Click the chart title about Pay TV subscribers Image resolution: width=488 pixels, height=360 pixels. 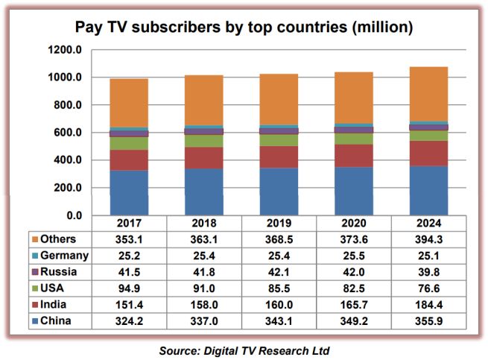click(x=244, y=28)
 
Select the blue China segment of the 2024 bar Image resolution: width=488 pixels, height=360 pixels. click(x=428, y=190)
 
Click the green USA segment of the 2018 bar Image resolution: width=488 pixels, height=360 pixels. click(x=204, y=141)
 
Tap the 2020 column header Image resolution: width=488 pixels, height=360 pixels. click(x=354, y=223)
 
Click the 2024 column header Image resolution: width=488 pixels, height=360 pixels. click(x=429, y=223)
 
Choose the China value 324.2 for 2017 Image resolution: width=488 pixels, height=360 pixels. click(x=129, y=320)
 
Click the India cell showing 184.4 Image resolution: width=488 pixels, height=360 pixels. click(x=429, y=304)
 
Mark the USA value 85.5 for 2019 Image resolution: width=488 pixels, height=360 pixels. click(x=279, y=288)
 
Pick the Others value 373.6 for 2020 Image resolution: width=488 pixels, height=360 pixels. click(x=354, y=239)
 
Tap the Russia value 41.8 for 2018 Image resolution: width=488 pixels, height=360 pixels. click(x=204, y=272)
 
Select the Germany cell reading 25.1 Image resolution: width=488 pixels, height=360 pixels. click(x=429, y=256)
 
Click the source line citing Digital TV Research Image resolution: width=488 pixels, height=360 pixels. click(x=244, y=349)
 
